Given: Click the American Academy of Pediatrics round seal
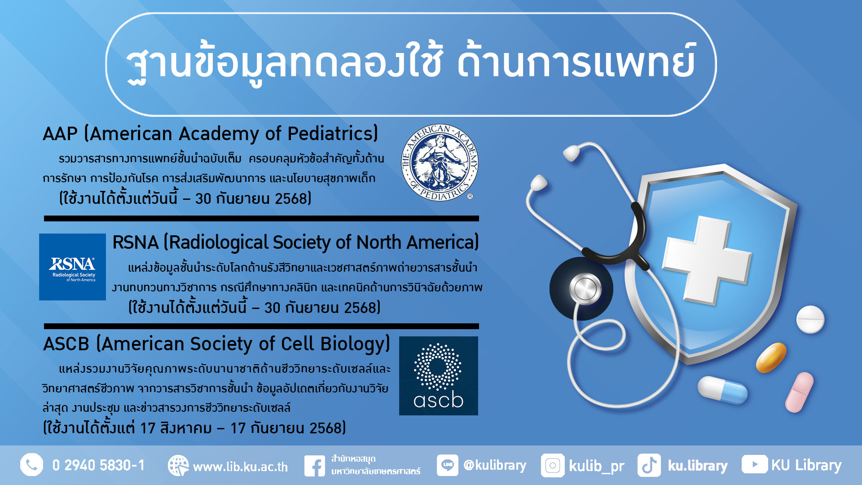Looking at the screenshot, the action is (440, 163).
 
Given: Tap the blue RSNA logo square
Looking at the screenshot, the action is (72, 267).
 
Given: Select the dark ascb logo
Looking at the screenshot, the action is (439, 376).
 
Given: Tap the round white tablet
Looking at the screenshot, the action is (810, 319).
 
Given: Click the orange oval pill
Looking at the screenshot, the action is (771, 357).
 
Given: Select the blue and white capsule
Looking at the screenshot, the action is (722, 390).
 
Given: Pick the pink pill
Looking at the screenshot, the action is (799, 392).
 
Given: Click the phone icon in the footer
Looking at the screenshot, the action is (31, 465).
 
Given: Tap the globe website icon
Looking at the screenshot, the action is (178, 466).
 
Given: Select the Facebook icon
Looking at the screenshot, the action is (315, 466).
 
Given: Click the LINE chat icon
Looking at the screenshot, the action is (448, 465).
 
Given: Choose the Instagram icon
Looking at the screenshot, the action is (553, 465).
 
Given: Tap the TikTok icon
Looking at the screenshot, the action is (649, 465).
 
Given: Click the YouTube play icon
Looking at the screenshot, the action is (754, 464).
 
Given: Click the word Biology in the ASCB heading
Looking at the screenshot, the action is (355, 344).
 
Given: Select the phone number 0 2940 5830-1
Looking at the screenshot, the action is (98, 465).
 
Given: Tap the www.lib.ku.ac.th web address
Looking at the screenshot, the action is (240, 467).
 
